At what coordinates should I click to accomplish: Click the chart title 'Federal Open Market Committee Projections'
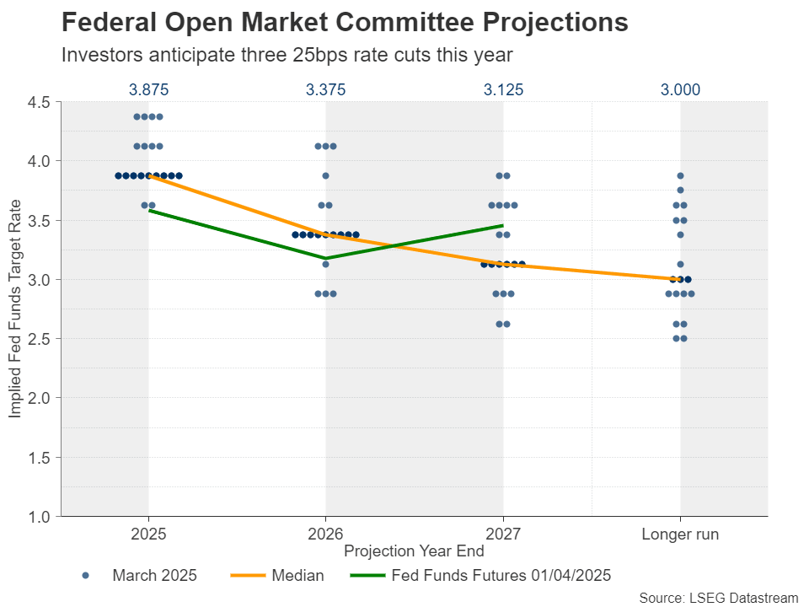pos(346,23)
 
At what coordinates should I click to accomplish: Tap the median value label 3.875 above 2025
pos(148,89)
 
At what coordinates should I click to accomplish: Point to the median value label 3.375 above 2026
pos(325,89)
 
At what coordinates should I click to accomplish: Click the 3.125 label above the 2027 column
pos(503,89)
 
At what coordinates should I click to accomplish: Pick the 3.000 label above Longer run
pos(680,89)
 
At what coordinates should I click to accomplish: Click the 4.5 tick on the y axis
pos(40,102)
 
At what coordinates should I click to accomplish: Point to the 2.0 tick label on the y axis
pos(40,398)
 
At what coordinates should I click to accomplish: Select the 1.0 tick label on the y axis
pos(40,516)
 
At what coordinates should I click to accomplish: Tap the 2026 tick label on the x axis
pos(325,534)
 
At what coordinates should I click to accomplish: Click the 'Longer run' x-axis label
pos(680,534)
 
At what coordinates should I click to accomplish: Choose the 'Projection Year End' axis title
pos(414,551)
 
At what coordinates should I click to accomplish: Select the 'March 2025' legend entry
pos(154,576)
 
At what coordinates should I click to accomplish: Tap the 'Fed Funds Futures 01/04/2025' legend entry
pos(501,576)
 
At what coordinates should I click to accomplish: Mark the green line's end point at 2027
pos(503,225)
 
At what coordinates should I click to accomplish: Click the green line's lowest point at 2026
pos(326,258)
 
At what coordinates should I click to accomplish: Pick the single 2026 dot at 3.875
pos(326,176)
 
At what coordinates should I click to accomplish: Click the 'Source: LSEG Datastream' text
pos(718,598)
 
